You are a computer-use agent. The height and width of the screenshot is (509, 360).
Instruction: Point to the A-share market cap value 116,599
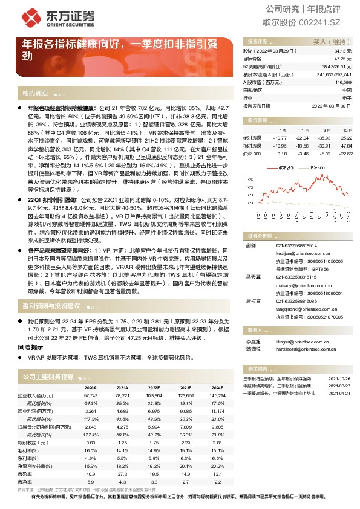pos(342,82)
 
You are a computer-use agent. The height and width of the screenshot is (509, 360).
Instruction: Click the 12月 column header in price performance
pos(347,130)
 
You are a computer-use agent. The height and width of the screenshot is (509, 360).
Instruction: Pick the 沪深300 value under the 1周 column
pos(283,154)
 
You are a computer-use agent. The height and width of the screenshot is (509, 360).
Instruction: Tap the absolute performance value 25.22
pos(346,138)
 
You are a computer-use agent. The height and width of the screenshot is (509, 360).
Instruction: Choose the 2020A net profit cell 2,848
pos(90,426)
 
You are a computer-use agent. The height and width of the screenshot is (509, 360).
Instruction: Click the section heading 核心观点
pos(34,94)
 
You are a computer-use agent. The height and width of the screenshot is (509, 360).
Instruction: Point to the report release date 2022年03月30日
pos(332,105)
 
